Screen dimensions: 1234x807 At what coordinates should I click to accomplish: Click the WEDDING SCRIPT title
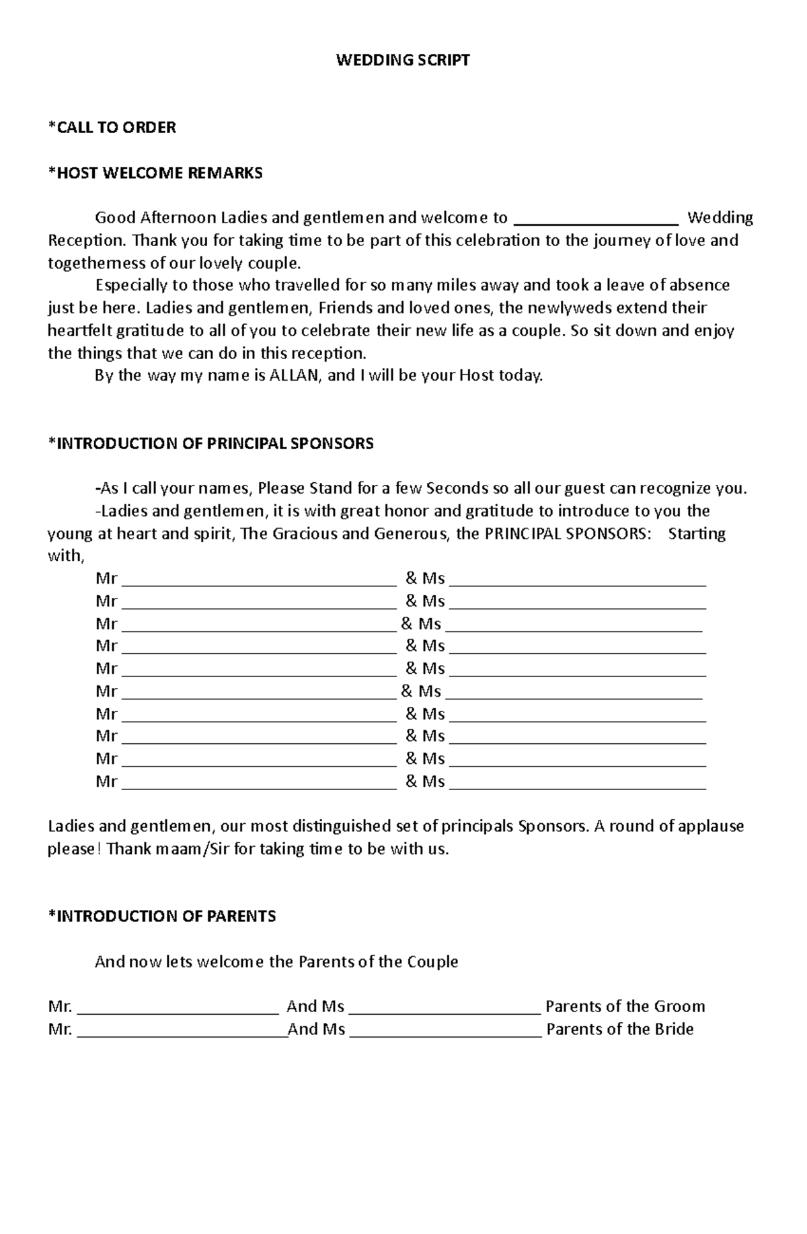403,61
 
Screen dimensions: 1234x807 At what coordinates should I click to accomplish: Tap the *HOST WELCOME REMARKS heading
155,173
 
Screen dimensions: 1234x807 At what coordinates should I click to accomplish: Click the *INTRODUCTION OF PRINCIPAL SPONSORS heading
210,443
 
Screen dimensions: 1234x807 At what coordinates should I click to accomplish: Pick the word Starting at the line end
697,534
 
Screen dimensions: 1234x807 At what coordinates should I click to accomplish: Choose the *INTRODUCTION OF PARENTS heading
162,916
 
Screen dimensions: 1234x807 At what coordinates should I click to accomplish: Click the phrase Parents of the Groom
625,1007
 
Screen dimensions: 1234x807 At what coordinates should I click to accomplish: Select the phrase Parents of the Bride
619,1030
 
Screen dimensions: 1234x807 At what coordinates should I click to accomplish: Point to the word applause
711,826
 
